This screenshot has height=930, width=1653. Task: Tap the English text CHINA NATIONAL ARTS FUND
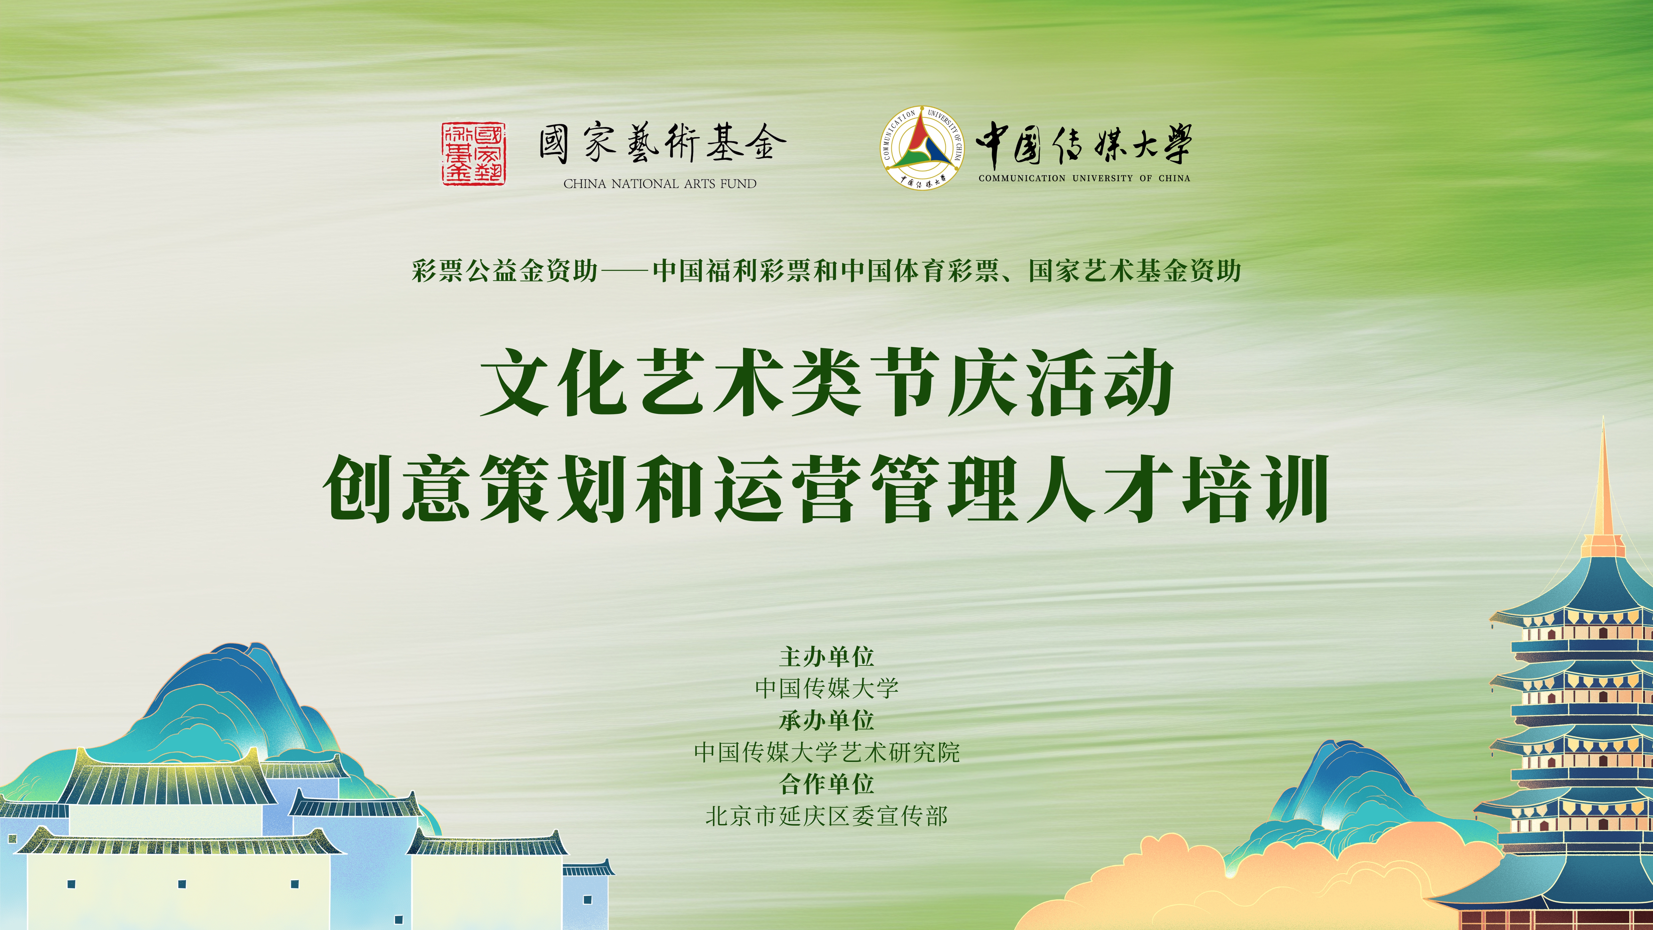660,184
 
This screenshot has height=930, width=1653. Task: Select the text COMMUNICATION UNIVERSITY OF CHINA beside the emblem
1084,179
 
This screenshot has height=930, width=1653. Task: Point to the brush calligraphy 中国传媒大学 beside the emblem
1083,144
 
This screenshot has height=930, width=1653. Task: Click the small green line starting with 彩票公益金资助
826,271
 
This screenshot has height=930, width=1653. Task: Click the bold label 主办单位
827,657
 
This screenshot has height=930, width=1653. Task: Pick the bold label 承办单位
827,720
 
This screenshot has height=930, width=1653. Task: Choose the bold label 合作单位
827,784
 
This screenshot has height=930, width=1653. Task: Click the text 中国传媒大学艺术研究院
827,752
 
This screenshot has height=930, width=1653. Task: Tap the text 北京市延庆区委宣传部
827,816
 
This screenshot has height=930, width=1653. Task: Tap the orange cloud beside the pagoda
1258,879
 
